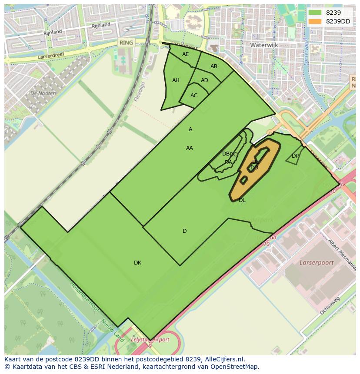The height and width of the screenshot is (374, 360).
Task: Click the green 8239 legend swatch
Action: tap(315, 13)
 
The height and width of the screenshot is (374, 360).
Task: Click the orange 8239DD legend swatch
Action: tap(315, 21)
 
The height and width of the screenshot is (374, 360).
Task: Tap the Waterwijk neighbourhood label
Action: tap(263, 45)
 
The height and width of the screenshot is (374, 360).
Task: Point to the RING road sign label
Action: tap(127, 43)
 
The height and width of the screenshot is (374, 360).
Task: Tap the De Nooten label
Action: tap(43, 93)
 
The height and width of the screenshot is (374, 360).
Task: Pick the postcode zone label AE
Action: tap(186, 54)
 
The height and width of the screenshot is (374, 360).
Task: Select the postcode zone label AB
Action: tap(214, 66)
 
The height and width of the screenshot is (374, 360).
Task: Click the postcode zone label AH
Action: tap(176, 80)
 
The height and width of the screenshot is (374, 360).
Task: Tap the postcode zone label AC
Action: tap(194, 96)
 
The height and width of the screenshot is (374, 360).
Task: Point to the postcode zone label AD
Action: tap(204, 80)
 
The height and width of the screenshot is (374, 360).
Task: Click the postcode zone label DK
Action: tap(137, 263)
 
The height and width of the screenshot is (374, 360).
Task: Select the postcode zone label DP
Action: tap(295, 156)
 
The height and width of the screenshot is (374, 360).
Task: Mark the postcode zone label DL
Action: tap(242, 200)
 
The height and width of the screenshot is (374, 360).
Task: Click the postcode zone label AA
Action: tap(190, 148)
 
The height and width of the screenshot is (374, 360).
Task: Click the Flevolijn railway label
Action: tap(139, 92)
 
